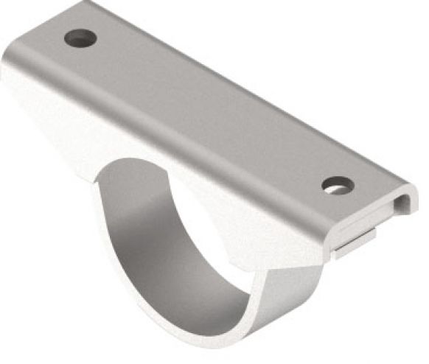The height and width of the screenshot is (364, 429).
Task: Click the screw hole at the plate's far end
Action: point(80,38)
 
